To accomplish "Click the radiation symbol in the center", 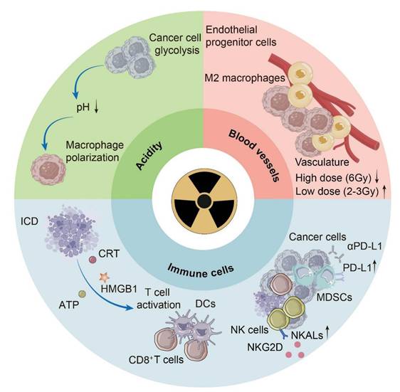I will pyautogui.click(x=200, y=196).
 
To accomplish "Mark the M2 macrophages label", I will pyautogui.click(x=246, y=78).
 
